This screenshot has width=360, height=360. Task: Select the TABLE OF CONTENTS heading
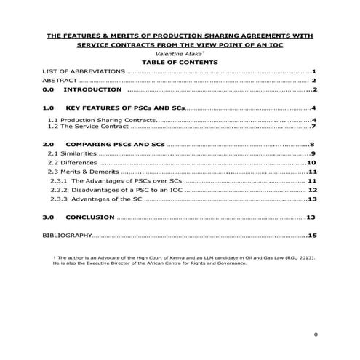tap(180, 63)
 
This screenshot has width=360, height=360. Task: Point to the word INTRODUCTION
tap(92, 91)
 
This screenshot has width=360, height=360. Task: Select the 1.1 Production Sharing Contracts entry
tap(102, 119)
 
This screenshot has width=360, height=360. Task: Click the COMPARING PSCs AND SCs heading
tap(117, 145)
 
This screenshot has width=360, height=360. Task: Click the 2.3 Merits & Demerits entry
tap(84, 172)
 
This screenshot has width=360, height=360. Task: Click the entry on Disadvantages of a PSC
tap(116, 190)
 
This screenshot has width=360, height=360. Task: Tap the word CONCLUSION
tap(90, 217)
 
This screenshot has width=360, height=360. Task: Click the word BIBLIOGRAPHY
tap(68, 236)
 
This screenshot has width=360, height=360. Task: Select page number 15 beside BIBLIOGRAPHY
tap(313, 236)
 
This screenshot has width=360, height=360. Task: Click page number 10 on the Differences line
tap(311, 163)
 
